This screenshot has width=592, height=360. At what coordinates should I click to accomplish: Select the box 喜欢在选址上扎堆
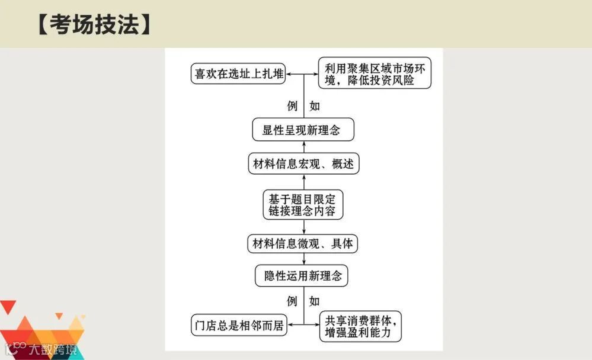(239, 74)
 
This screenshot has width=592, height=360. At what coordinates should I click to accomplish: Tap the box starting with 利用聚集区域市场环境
(374, 73)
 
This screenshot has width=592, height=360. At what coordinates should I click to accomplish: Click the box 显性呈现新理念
(303, 130)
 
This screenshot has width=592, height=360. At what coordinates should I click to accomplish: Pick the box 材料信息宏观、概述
(303, 163)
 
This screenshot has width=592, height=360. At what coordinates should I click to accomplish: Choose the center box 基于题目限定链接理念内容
(303, 204)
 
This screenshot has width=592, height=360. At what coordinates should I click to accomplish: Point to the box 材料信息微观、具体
(303, 243)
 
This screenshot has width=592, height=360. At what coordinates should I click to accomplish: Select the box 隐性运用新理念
(303, 275)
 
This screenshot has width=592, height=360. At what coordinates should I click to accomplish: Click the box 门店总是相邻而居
(239, 325)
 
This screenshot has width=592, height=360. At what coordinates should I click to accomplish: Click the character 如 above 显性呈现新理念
(315, 106)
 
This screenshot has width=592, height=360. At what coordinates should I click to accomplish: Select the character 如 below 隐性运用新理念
(315, 301)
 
